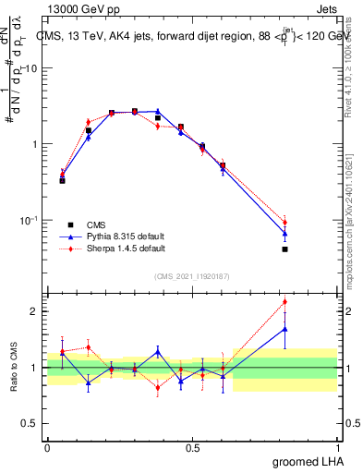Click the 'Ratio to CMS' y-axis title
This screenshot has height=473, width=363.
click(14, 367)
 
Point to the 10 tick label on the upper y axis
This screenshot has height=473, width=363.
click(32, 68)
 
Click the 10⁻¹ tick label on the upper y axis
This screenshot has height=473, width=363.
click(30, 220)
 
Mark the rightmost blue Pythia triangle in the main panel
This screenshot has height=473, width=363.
click(284, 234)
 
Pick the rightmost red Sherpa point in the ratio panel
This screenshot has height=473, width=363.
click(284, 301)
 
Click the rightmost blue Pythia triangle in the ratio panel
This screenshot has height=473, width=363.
click(284, 329)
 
